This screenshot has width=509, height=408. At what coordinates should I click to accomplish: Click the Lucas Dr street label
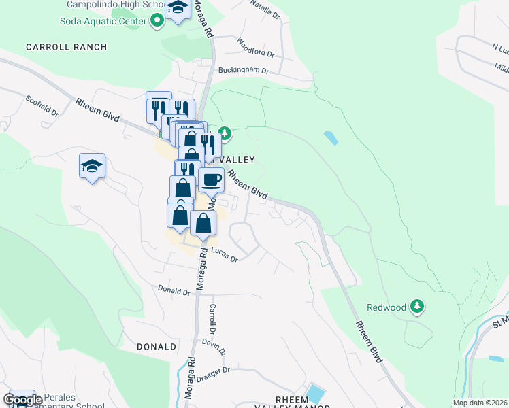pyautogui.click(x=224, y=255)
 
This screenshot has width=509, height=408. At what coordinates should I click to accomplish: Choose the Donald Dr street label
pyautogui.click(x=174, y=292)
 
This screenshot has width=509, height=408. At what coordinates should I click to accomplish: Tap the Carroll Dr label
pyautogui.click(x=213, y=318)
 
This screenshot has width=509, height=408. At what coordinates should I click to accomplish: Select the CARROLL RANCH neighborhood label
pyautogui.click(x=66, y=47)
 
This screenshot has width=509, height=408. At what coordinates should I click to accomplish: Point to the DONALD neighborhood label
pyautogui.click(x=157, y=347)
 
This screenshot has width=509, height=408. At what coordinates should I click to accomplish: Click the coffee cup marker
pyautogui.click(x=212, y=180)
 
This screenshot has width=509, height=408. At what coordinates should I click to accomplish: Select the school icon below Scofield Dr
pyautogui.click(x=92, y=166)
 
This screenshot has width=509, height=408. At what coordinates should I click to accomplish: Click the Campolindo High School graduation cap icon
pyautogui.click(x=178, y=8)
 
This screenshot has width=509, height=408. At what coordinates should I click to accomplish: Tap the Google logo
pyautogui.click(x=22, y=400)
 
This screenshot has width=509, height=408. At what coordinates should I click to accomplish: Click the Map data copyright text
pyautogui.click(x=480, y=403)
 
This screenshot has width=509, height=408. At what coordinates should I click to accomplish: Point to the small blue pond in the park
pyautogui.click(x=331, y=137)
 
